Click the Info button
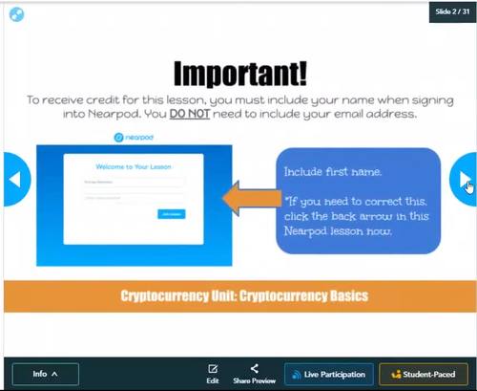[46, 374]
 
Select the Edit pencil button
[213, 373]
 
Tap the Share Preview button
[254, 373]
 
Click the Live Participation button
[327, 374]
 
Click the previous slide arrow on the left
[13, 179]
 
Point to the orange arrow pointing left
[246, 200]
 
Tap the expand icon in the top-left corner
[16, 14]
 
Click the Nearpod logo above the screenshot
[133, 138]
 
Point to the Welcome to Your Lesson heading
[134, 165]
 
